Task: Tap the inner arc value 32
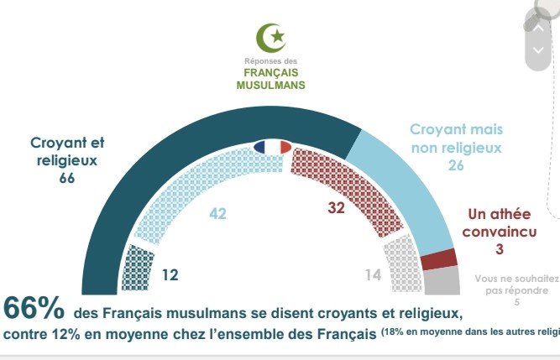pos(337,207)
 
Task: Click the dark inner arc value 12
pos(169,274)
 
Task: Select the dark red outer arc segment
pos(438,259)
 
